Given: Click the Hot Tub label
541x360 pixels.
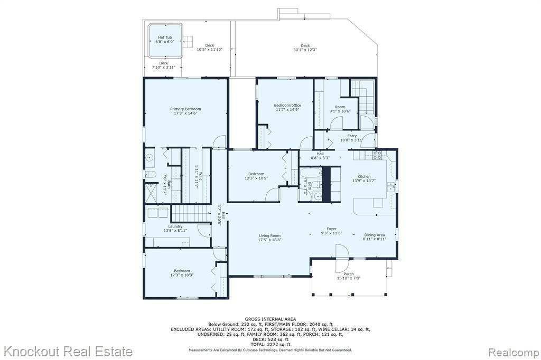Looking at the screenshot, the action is point(165,37).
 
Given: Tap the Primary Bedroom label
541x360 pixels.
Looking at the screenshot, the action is point(185,109).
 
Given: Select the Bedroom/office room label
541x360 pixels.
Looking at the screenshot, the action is point(287,105).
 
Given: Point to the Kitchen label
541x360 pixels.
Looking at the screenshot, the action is point(364,176).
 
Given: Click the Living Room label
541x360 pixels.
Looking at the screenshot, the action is point(270,236).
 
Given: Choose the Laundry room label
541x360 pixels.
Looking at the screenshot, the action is point(175,226).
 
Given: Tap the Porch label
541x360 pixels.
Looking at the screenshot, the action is point(349,274).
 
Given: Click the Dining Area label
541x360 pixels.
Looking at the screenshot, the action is point(375,235).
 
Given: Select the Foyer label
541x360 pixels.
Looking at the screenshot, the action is point(332,229).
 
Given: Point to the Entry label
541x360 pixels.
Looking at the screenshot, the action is point(352,136).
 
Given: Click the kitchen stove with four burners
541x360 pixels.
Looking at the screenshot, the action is point(377,155).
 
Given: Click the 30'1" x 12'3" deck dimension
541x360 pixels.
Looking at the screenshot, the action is point(305,50).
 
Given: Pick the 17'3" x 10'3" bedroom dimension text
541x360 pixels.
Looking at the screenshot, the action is point(182,275).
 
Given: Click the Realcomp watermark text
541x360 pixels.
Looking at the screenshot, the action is point(514,353).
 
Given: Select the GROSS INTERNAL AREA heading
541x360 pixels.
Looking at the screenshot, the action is point(270,319).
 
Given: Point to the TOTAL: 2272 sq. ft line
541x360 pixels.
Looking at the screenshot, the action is point(270,345).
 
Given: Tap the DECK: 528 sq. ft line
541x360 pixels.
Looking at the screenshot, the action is point(270,339).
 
